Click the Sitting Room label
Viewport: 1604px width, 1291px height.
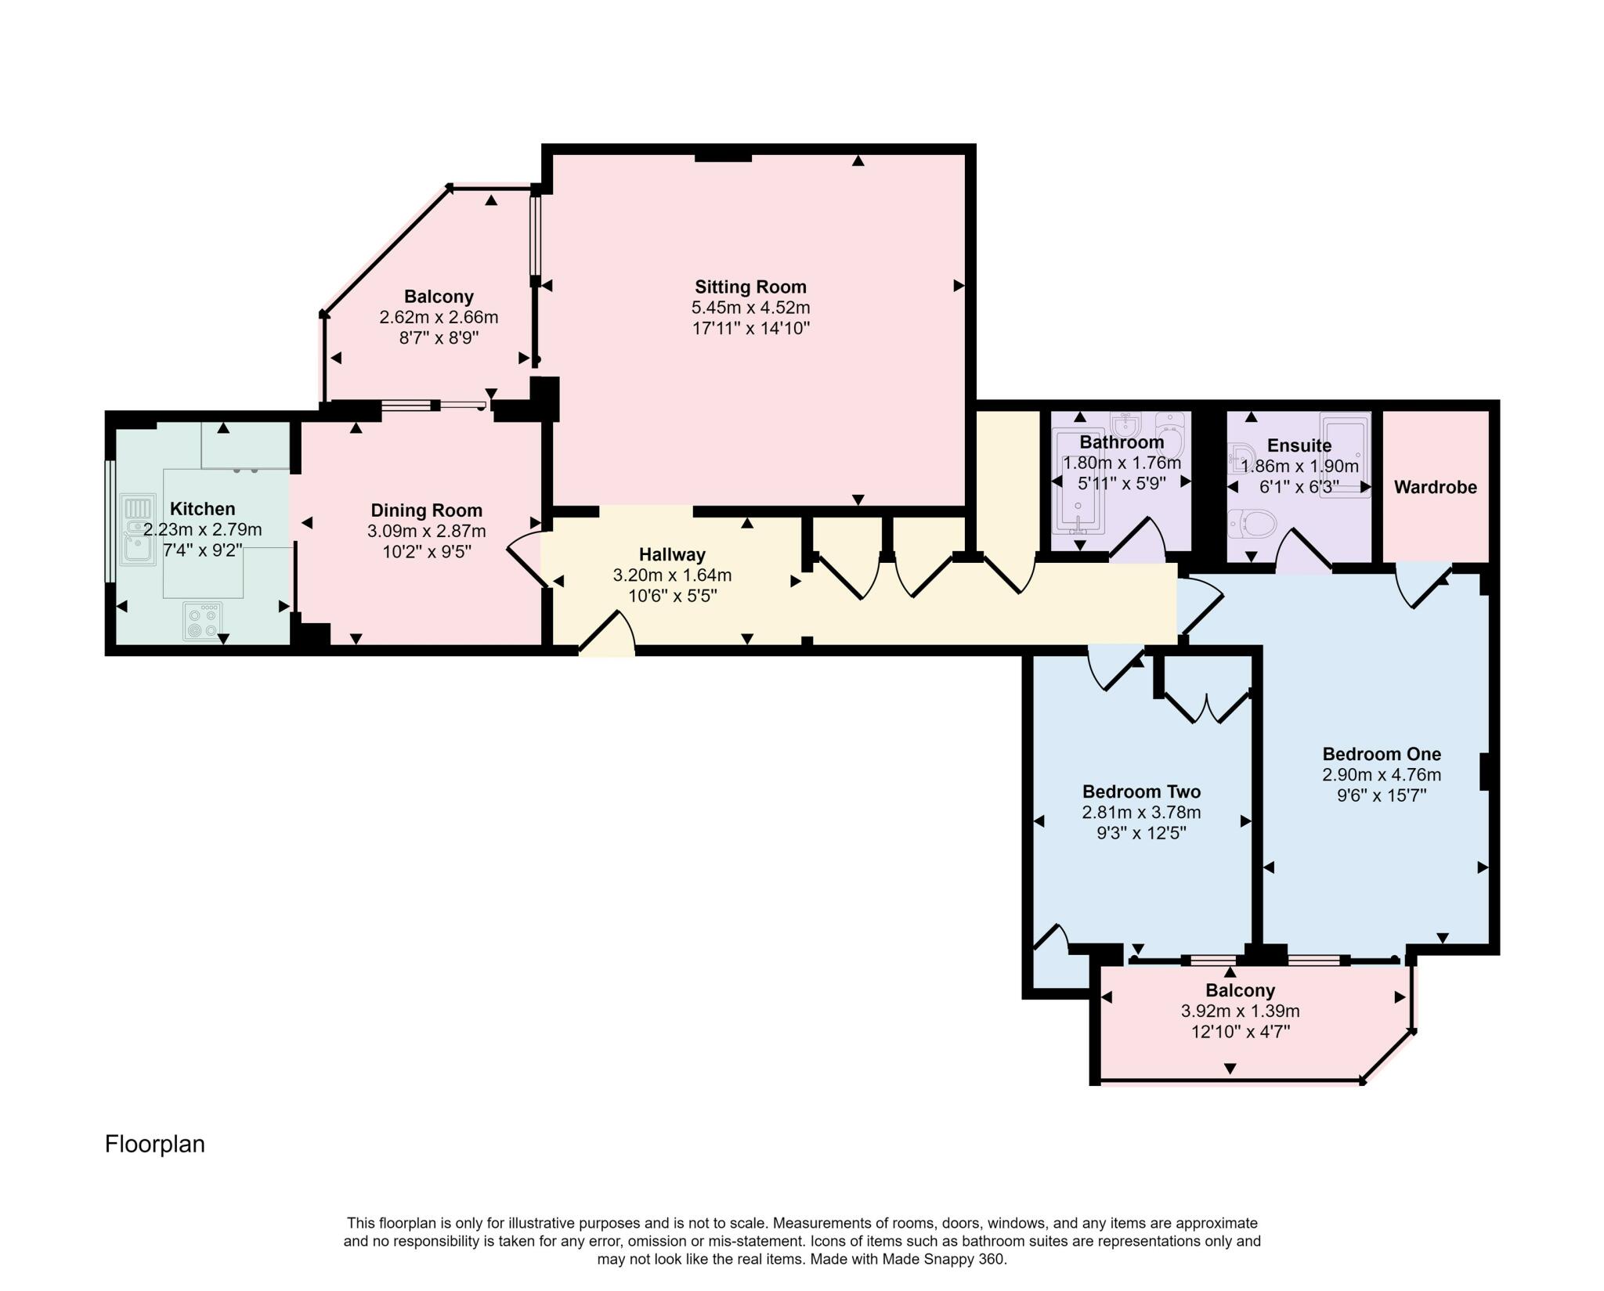coord(750,287)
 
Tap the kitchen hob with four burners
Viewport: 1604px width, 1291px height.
coord(203,621)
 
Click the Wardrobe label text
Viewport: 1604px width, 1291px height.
coord(1435,487)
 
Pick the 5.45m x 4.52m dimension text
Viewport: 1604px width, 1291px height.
coord(750,308)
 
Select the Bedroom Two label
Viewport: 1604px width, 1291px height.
coord(1141,792)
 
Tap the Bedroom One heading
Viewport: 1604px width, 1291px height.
coord(1382,754)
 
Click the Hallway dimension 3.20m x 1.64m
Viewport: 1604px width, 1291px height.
coord(672,575)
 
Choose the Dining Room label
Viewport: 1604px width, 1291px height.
coord(426,510)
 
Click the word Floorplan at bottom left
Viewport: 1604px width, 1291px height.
coord(155,1144)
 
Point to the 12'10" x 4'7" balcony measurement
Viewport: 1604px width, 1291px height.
coord(1240,1032)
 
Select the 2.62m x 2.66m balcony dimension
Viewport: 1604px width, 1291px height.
coord(439,317)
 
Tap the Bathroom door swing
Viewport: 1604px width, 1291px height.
coord(1137,539)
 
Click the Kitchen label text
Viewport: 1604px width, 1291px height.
coord(203,509)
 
